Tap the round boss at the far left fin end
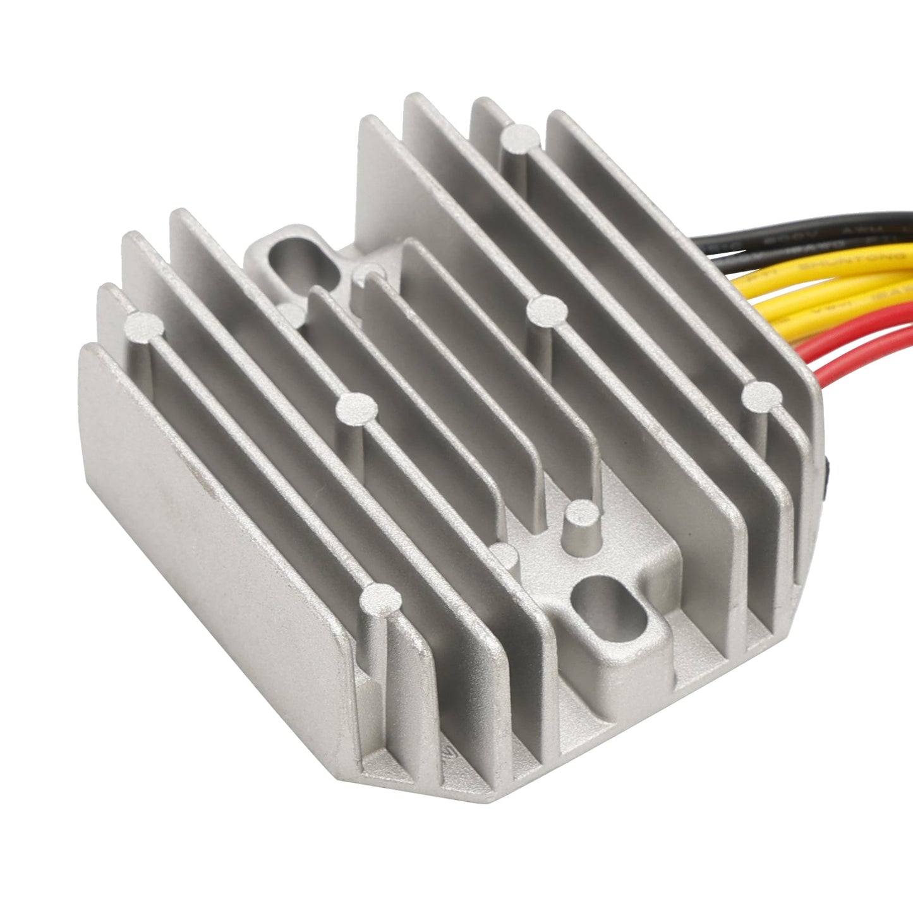(x=145, y=325)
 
